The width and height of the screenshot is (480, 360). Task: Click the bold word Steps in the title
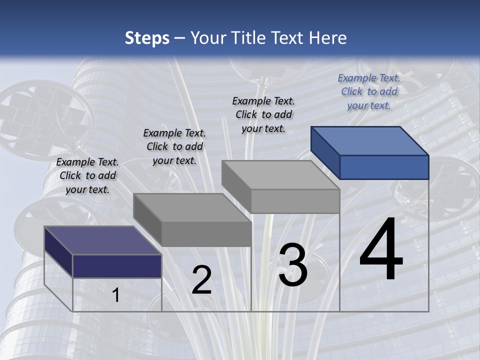(x=147, y=38)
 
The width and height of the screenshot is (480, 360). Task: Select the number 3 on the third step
(x=293, y=265)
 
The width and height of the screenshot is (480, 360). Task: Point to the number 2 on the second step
(x=201, y=280)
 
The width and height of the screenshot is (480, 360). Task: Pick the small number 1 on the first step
(x=116, y=295)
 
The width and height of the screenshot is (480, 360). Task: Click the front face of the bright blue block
(x=384, y=167)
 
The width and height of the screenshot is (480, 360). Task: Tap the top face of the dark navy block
(x=102, y=240)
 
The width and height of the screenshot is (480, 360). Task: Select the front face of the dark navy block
(x=117, y=266)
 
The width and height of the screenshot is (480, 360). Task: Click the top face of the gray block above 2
(x=192, y=207)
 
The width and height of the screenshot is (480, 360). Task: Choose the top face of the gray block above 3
(x=280, y=174)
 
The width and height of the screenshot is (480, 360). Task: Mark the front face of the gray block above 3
(x=295, y=201)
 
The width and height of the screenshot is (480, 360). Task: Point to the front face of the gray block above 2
(x=206, y=234)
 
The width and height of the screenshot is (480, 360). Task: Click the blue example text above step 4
(x=369, y=91)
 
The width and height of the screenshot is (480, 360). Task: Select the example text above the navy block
(x=87, y=175)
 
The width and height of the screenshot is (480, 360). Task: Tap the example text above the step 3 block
(x=263, y=114)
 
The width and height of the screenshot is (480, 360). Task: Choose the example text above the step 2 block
(x=174, y=146)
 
